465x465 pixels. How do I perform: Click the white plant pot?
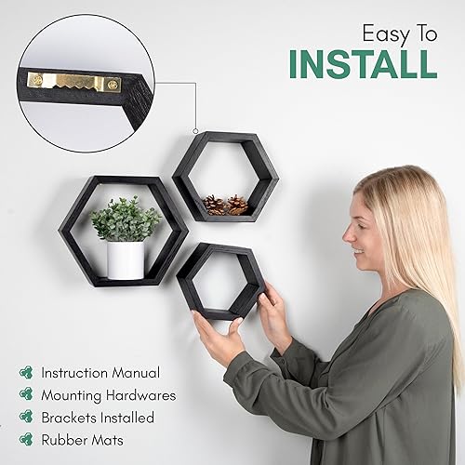point(125,259)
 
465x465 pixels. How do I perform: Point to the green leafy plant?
point(126,219)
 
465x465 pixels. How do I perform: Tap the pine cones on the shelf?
point(226,205)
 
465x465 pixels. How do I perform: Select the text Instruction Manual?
point(100,372)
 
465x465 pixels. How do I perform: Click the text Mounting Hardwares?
point(108,395)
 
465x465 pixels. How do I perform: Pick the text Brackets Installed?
point(98,418)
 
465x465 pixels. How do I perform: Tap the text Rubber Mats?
point(81,441)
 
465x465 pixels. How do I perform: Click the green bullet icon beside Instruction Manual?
point(25,372)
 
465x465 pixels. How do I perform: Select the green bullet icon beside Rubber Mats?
point(25,441)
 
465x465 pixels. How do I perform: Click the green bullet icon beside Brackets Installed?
point(25,418)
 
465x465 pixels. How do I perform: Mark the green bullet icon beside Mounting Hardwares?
point(25,395)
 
